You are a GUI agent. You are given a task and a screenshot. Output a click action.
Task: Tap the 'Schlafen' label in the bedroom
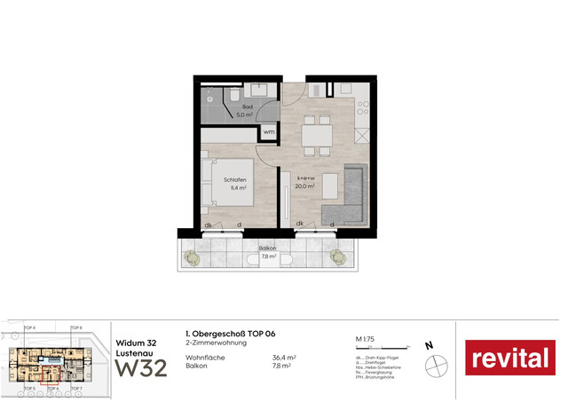235,180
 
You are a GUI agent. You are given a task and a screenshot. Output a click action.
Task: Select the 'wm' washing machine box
268,132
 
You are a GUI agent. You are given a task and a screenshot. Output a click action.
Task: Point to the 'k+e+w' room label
306,179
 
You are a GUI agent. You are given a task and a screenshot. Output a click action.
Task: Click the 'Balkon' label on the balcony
269,249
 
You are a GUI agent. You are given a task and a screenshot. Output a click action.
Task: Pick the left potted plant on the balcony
190,257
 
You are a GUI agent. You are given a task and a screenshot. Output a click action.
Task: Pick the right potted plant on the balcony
337,257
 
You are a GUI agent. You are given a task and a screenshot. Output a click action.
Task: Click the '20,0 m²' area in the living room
306,187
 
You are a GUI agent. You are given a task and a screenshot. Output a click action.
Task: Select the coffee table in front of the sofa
329,185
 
